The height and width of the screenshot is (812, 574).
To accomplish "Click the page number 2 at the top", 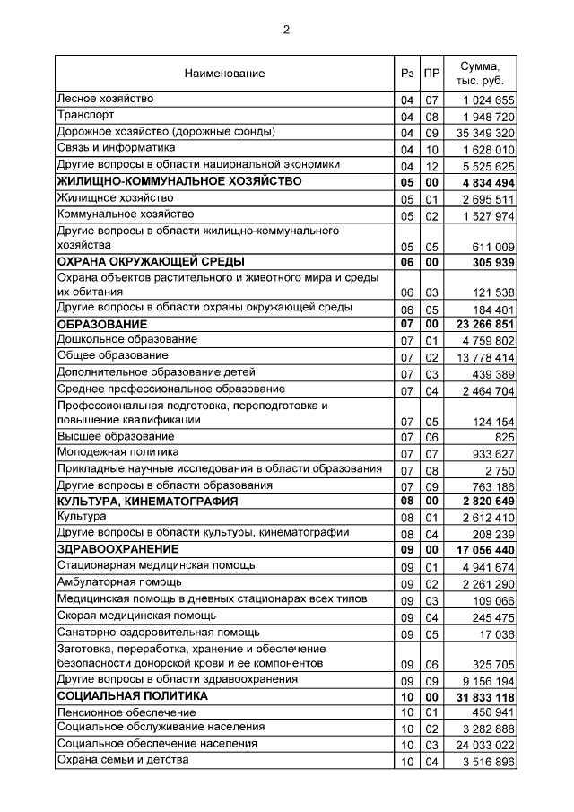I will [287, 30].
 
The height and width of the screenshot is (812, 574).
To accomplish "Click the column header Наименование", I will [224, 74].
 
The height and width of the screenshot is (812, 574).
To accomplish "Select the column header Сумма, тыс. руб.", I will [480, 74].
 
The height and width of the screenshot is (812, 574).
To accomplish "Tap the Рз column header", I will [407, 74].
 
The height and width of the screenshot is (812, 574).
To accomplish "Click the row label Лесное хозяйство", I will [106, 98].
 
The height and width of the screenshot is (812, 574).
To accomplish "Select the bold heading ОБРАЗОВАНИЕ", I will [101, 323].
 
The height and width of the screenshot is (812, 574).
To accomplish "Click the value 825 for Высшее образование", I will [503, 436].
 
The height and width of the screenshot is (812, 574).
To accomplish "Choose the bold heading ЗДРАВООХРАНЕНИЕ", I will [117, 548].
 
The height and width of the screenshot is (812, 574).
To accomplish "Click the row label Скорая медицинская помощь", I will [136, 616].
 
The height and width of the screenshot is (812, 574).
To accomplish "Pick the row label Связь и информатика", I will [116, 148].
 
